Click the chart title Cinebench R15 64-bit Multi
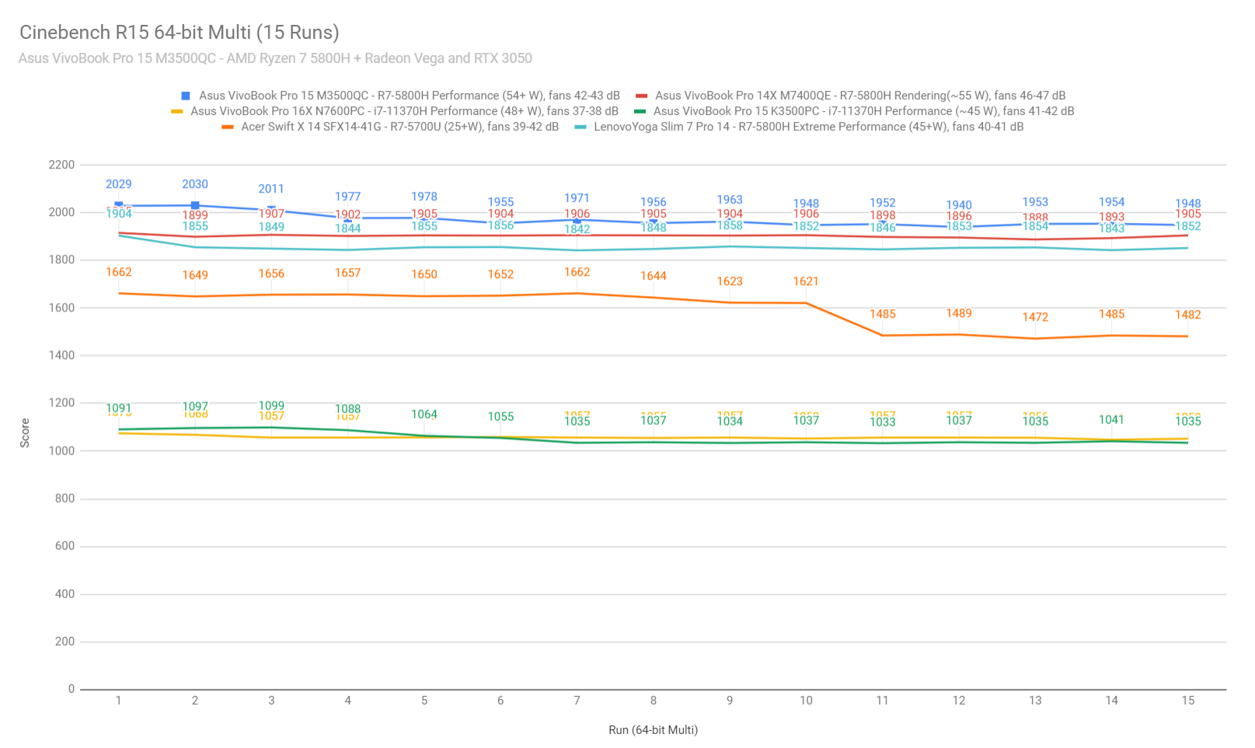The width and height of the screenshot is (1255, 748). pos(179,33)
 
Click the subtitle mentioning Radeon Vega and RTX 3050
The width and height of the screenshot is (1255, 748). pos(275,58)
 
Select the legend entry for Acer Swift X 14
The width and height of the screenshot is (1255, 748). pos(399,127)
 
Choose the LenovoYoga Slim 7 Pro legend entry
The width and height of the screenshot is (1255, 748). pos(808,127)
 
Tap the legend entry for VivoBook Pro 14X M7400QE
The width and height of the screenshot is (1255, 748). pos(859,96)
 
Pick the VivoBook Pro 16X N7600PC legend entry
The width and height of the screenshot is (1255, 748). pos(404,111)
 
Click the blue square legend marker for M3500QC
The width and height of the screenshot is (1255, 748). pos(186,96)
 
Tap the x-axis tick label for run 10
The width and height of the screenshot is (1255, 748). pos(806,701)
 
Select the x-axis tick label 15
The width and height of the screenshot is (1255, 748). pos(1187,701)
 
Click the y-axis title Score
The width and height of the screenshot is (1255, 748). pos(25,433)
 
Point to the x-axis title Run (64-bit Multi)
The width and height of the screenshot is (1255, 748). pos(653,730)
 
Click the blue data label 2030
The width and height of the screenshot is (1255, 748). pos(195,185)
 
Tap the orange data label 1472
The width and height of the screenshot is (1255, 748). pos(1035,317)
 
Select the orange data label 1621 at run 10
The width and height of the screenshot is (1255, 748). pos(806,281)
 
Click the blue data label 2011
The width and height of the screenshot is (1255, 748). pos(271,189)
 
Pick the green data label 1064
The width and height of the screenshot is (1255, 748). pos(424,415)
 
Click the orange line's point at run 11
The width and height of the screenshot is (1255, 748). pos(882,336)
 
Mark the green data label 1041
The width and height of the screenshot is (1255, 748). pos(1111,420)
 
